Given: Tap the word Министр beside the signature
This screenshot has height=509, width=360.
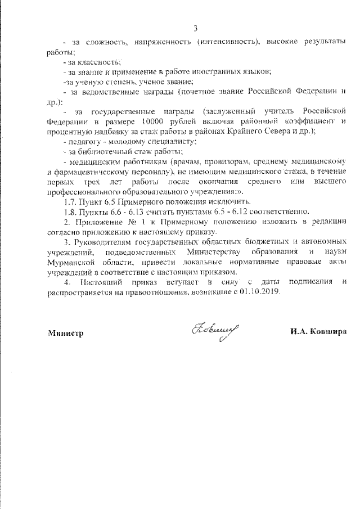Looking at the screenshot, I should (x=65, y=333).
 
